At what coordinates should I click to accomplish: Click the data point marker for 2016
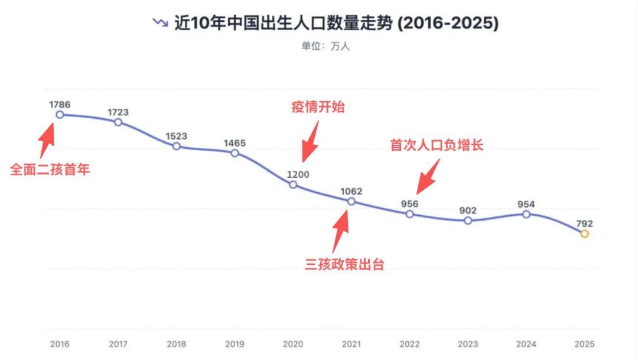click(60, 115)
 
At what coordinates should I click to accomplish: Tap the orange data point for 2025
click(584, 234)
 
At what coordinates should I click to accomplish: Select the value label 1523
click(176, 136)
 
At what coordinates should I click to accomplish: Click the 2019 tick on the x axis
click(235, 343)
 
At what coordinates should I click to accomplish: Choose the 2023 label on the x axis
click(468, 343)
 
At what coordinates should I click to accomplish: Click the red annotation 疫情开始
click(318, 107)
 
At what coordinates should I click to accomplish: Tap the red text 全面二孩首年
click(50, 170)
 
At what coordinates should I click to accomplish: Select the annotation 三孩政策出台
click(344, 264)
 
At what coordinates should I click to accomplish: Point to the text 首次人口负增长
click(437, 145)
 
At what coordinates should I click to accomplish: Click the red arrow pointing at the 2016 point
click(47, 140)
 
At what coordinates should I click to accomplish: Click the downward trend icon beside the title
click(159, 22)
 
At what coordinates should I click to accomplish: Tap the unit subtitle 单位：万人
click(325, 46)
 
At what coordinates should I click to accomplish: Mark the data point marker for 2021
click(351, 202)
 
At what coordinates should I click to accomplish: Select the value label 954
click(526, 205)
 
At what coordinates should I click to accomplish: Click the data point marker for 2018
click(176, 146)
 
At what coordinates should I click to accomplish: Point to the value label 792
click(584, 223)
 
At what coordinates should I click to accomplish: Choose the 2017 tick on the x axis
click(118, 343)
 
